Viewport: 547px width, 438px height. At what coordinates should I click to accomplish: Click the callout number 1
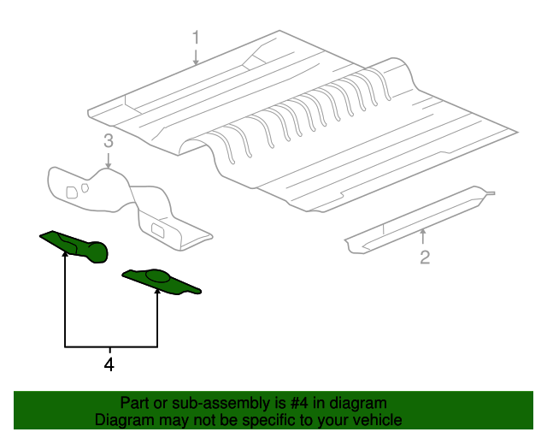pyautogui.click(x=196, y=38)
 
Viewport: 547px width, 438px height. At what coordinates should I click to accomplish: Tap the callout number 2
pyautogui.click(x=425, y=257)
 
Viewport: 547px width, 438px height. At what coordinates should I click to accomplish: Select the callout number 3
pyautogui.click(x=109, y=141)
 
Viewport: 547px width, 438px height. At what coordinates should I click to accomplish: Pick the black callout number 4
pyautogui.click(x=109, y=364)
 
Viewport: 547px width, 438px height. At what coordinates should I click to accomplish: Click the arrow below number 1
pyautogui.click(x=196, y=57)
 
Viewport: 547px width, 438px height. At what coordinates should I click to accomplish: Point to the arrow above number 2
pyautogui.click(x=423, y=236)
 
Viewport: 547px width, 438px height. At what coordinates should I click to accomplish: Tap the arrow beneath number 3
pyautogui.click(x=109, y=160)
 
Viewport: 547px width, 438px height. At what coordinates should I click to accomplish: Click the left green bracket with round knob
pyautogui.click(x=74, y=246)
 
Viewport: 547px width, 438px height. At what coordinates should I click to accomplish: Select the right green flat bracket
pyautogui.click(x=162, y=281)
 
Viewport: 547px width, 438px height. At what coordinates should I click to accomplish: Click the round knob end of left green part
pyautogui.click(x=97, y=252)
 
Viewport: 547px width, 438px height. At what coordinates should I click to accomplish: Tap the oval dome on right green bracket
pyautogui.click(x=157, y=275)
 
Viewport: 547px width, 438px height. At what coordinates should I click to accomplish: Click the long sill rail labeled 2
pyautogui.click(x=419, y=219)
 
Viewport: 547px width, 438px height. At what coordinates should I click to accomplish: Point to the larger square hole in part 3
pyautogui.click(x=72, y=192)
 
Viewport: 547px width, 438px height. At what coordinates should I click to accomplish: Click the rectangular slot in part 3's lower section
pyautogui.click(x=159, y=229)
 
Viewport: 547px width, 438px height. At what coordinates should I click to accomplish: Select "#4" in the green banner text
pyautogui.click(x=298, y=404)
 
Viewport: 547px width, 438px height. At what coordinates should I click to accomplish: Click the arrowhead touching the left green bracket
pyautogui.click(x=65, y=254)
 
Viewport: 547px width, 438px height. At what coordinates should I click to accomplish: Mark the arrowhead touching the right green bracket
pyautogui.click(x=157, y=291)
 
